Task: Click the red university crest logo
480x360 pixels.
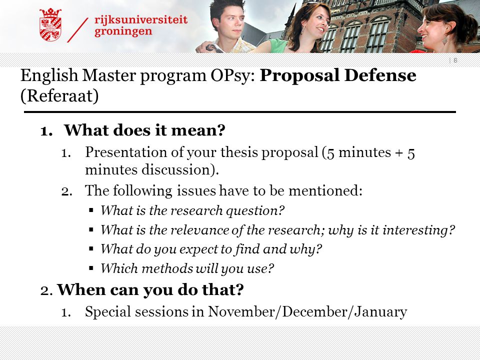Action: [50, 24]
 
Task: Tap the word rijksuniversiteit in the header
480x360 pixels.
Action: [141, 19]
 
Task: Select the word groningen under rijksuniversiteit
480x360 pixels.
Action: [123, 31]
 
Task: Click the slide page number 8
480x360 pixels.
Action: [455, 60]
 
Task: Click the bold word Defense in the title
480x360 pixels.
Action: [380, 75]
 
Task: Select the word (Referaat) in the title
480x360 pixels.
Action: [59, 96]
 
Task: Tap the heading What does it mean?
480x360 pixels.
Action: [144, 130]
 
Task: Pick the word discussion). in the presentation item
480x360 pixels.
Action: [180, 170]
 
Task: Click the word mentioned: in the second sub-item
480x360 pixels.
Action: [325, 190]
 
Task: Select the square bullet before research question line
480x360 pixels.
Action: [91, 210]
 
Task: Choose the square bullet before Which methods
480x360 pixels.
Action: [91, 268]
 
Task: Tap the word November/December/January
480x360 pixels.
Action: [307, 312]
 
